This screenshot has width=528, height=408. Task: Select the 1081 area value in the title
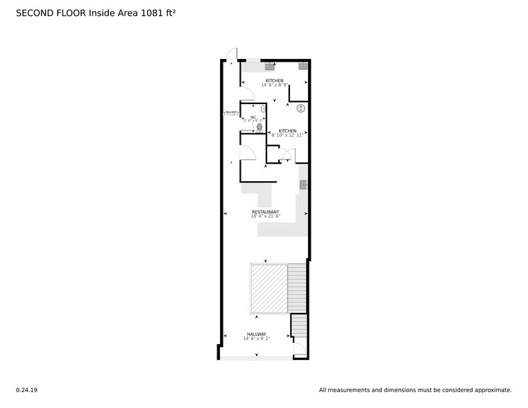pyautogui.click(x=150, y=12)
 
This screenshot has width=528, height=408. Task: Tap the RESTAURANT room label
pyautogui.click(x=265, y=212)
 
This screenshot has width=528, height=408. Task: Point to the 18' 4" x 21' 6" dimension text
pyautogui.click(x=265, y=216)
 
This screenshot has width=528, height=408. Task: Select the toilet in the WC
pyautogui.click(x=259, y=127)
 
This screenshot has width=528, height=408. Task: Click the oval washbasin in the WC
pyautogui.click(x=264, y=110)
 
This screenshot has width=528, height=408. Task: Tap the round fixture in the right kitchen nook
pyautogui.click(x=301, y=108)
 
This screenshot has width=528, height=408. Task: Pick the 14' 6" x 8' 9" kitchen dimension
pyautogui.click(x=274, y=85)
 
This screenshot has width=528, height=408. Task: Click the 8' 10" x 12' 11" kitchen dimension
pyautogui.click(x=287, y=135)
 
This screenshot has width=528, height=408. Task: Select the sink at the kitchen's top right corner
pyautogui.click(x=303, y=67)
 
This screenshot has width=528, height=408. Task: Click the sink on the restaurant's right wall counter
pyautogui.click(x=303, y=185)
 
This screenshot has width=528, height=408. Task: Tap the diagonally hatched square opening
pyautogui.click(x=269, y=288)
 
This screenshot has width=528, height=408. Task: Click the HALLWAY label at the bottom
pyautogui.click(x=255, y=334)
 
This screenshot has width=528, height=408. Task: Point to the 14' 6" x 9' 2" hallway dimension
pyautogui.click(x=255, y=339)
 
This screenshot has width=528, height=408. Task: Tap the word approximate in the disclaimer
pyautogui.click(x=490, y=390)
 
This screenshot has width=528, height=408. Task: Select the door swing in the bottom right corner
pyautogui.click(x=300, y=350)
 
